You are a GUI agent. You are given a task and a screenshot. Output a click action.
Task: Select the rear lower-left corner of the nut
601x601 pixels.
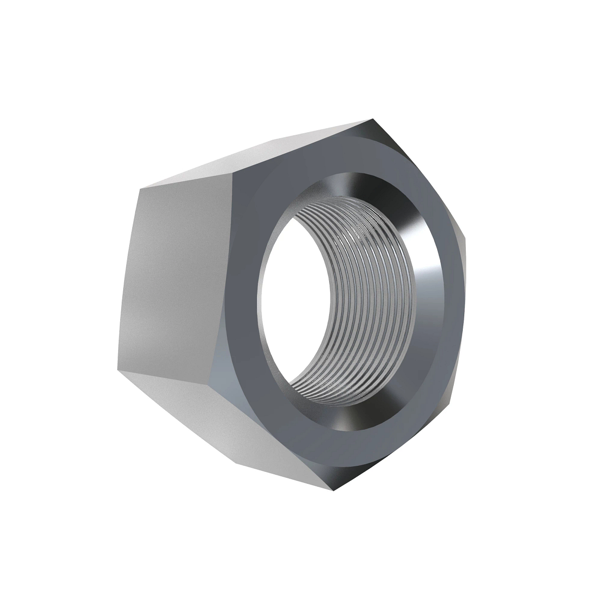click(x=119, y=371)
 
